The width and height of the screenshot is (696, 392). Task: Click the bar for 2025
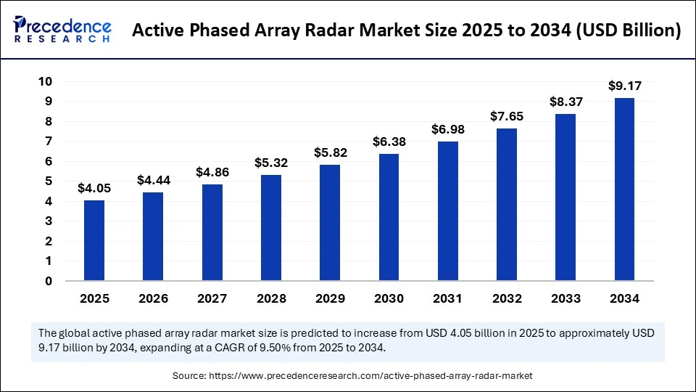click(x=94, y=240)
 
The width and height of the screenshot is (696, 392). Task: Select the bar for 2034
click(x=624, y=189)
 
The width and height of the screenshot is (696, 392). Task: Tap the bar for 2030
click(x=389, y=217)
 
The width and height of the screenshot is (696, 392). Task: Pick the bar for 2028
click(x=271, y=227)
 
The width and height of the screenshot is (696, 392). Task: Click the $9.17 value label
click(x=624, y=86)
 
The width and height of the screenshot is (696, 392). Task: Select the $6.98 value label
click(x=447, y=130)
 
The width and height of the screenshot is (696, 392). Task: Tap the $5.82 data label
click(x=330, y=153)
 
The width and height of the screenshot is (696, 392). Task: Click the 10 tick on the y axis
click(x=45, y=81)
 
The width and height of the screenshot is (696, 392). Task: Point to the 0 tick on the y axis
click(x=49, y=281)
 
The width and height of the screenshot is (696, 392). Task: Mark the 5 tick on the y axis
click(x=49, y=181)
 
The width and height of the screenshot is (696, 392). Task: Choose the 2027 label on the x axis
click(x=212, y=298)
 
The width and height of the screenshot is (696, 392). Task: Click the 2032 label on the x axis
click(x=506, y=298)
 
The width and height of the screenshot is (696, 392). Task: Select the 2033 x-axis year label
click(x=565, y=298)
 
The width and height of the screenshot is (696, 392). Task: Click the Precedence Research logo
click(x=62, y=29)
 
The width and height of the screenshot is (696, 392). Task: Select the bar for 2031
click(x=447, y=211)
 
